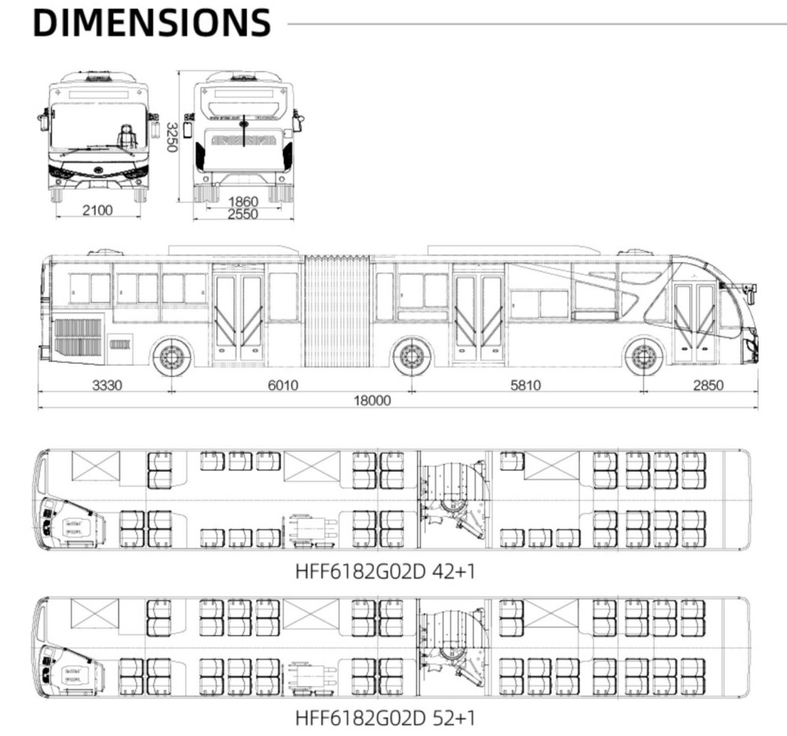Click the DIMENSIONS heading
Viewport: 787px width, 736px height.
point(152,23)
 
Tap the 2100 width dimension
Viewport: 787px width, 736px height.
point(98,210)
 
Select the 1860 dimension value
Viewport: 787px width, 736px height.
point(243,202)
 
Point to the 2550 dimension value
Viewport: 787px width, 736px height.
point(243,214)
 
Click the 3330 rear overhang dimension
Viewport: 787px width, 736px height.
point(109,385)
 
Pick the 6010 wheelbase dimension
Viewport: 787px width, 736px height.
point(284,385)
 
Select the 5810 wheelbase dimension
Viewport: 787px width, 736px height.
point(525,385)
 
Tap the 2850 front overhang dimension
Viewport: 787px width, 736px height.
point(708,385)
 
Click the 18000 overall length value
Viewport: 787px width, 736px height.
point(371,400)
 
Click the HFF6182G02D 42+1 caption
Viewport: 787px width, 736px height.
point(385,569)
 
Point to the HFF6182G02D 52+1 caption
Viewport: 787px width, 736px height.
point(385,718)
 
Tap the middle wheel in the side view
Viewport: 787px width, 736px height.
point(411,357)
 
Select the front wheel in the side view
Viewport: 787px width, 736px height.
point(643,357)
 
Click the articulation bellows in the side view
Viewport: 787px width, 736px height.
point(337,311)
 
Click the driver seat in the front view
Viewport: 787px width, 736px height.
point(127,136)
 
